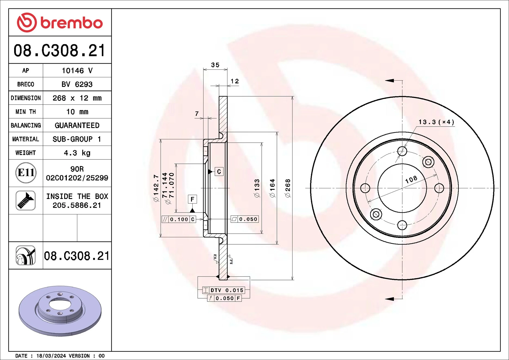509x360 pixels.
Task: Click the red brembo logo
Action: (x=60, y=23)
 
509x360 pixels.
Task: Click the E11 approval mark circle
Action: (x=26, y=173)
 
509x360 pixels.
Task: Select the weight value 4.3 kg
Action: (x=77, y=153)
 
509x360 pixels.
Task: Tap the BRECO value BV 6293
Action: (x=77, y=84)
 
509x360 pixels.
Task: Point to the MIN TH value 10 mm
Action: (x=77, y=112)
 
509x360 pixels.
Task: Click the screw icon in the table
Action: (x=26, y=201)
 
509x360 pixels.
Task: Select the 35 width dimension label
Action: (x=215, y=65)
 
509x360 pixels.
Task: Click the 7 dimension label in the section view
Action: (x=197, y=114)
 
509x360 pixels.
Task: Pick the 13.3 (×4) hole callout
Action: (x=436, y=122)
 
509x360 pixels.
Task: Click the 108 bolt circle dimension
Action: (x=411, y=179)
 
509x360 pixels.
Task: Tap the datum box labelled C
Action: (x=219, y=172)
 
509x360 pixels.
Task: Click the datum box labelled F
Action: (x=192, y=199)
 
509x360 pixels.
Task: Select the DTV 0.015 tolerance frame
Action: (x=223, y=290)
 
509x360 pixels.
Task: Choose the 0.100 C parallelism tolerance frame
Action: (x=179, y=219)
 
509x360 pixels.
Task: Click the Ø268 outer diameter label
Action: (x=288, y=188)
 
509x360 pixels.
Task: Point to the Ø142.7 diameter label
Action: (x=156, y=188)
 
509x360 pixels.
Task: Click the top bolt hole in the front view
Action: (x=402, y=151)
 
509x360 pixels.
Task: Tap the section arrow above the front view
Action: (x=390, y=81)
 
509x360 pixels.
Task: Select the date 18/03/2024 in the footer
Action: (x=51, y=356)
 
